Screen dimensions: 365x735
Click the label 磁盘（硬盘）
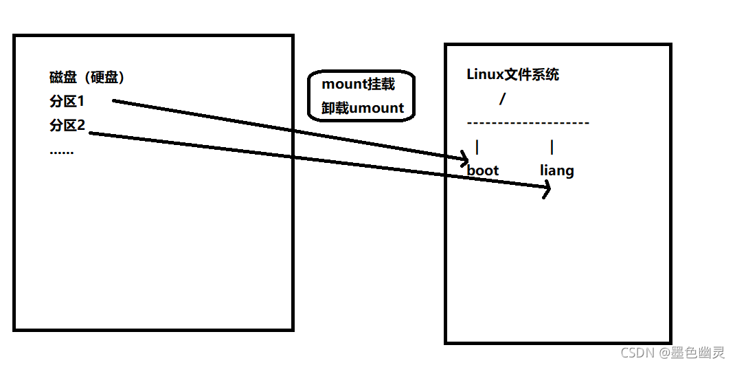coord(87,78)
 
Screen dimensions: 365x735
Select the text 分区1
coord(67,102)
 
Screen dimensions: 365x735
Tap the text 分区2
coord(67,126)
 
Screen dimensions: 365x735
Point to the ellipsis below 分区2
coord(62,152)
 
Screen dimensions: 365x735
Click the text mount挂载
coord(358,85)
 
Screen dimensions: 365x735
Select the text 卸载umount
coord(363,108)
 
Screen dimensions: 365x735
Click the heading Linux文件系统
coord(512,75)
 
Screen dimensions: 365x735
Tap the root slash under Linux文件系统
coord(502,99)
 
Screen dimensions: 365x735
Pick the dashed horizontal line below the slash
coord(528,123)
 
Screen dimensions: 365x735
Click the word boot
coord(483,170)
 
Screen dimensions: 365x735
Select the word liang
coord(556,170)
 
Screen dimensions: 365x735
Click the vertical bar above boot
coord(477,147)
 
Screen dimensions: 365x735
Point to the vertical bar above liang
coord(552,147)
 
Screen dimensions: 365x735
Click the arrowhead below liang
coord(547,188)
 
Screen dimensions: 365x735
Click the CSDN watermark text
coord(637,353)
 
